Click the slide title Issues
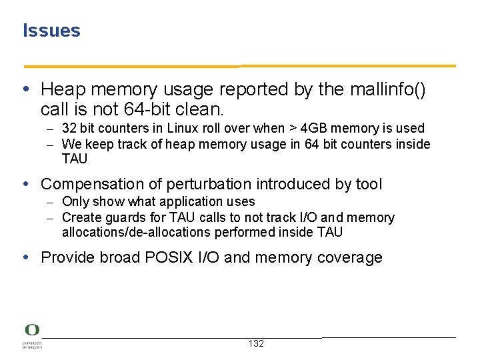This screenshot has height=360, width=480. pos(51,31)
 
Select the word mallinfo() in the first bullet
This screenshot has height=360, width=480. pos(399,89)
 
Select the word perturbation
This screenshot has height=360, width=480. pos(213,184)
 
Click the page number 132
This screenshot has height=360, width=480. pos(256,343)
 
